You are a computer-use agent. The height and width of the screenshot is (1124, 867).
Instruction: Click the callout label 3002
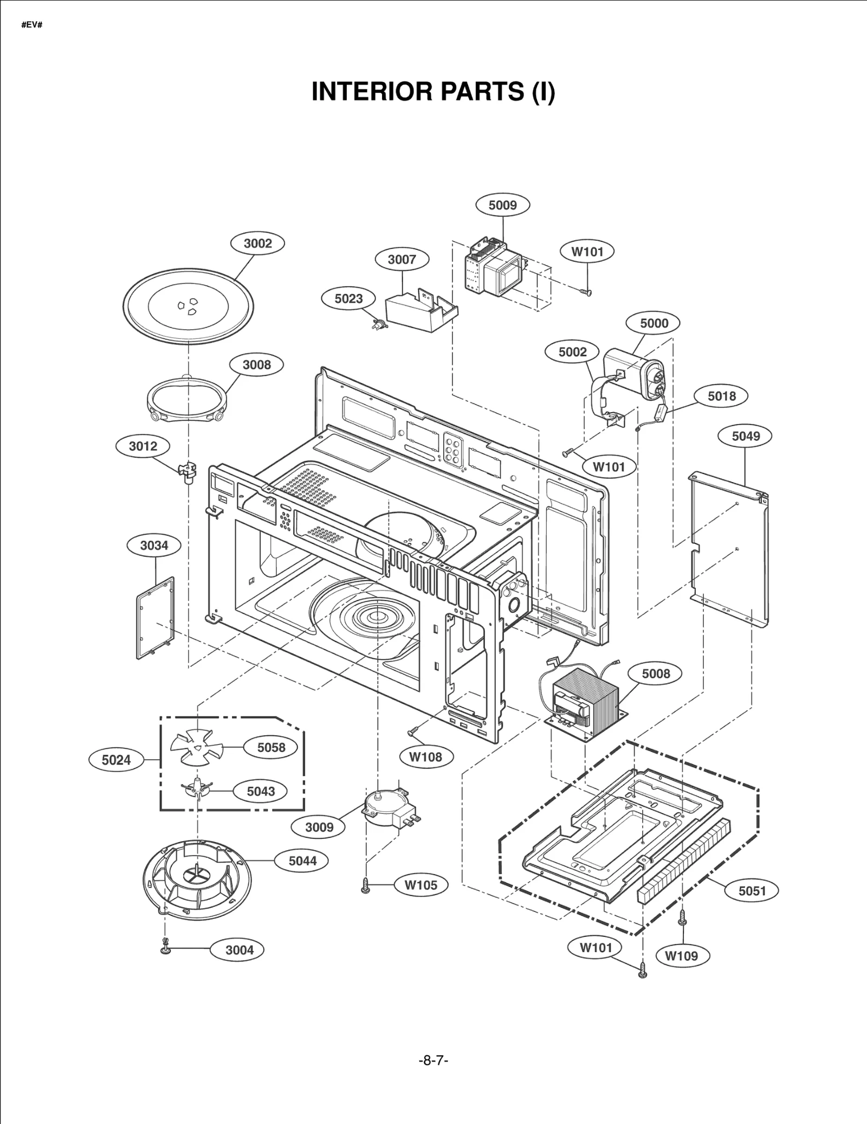[x=257, y=243]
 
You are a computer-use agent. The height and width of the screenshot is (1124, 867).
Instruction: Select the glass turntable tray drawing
[x=188, y=306]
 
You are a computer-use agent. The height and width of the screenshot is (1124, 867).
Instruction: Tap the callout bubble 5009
[x=502, y=205]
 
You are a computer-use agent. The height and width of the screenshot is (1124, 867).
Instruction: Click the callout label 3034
[x=154, y=545]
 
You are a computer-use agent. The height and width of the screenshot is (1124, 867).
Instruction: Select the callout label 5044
[x=302, y=860]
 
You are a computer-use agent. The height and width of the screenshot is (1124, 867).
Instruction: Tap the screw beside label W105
[x=366, y=885]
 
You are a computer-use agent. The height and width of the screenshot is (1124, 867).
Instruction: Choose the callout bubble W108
[x=425, y=757]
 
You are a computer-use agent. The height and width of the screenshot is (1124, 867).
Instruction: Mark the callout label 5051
[x=752, y=890]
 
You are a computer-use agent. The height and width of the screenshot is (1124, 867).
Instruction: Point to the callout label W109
[x=681, y=956]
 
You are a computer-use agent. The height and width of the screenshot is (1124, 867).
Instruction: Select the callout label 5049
[x=746, y=436]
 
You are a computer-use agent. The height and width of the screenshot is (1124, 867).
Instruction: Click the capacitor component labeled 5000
[x=634, y=374]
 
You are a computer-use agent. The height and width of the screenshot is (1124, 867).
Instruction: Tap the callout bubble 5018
[x=721, y=396]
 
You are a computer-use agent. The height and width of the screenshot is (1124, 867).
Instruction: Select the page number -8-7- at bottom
[x=433, y=1060]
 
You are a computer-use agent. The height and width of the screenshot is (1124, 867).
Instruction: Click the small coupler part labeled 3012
[x=186, y=470]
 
